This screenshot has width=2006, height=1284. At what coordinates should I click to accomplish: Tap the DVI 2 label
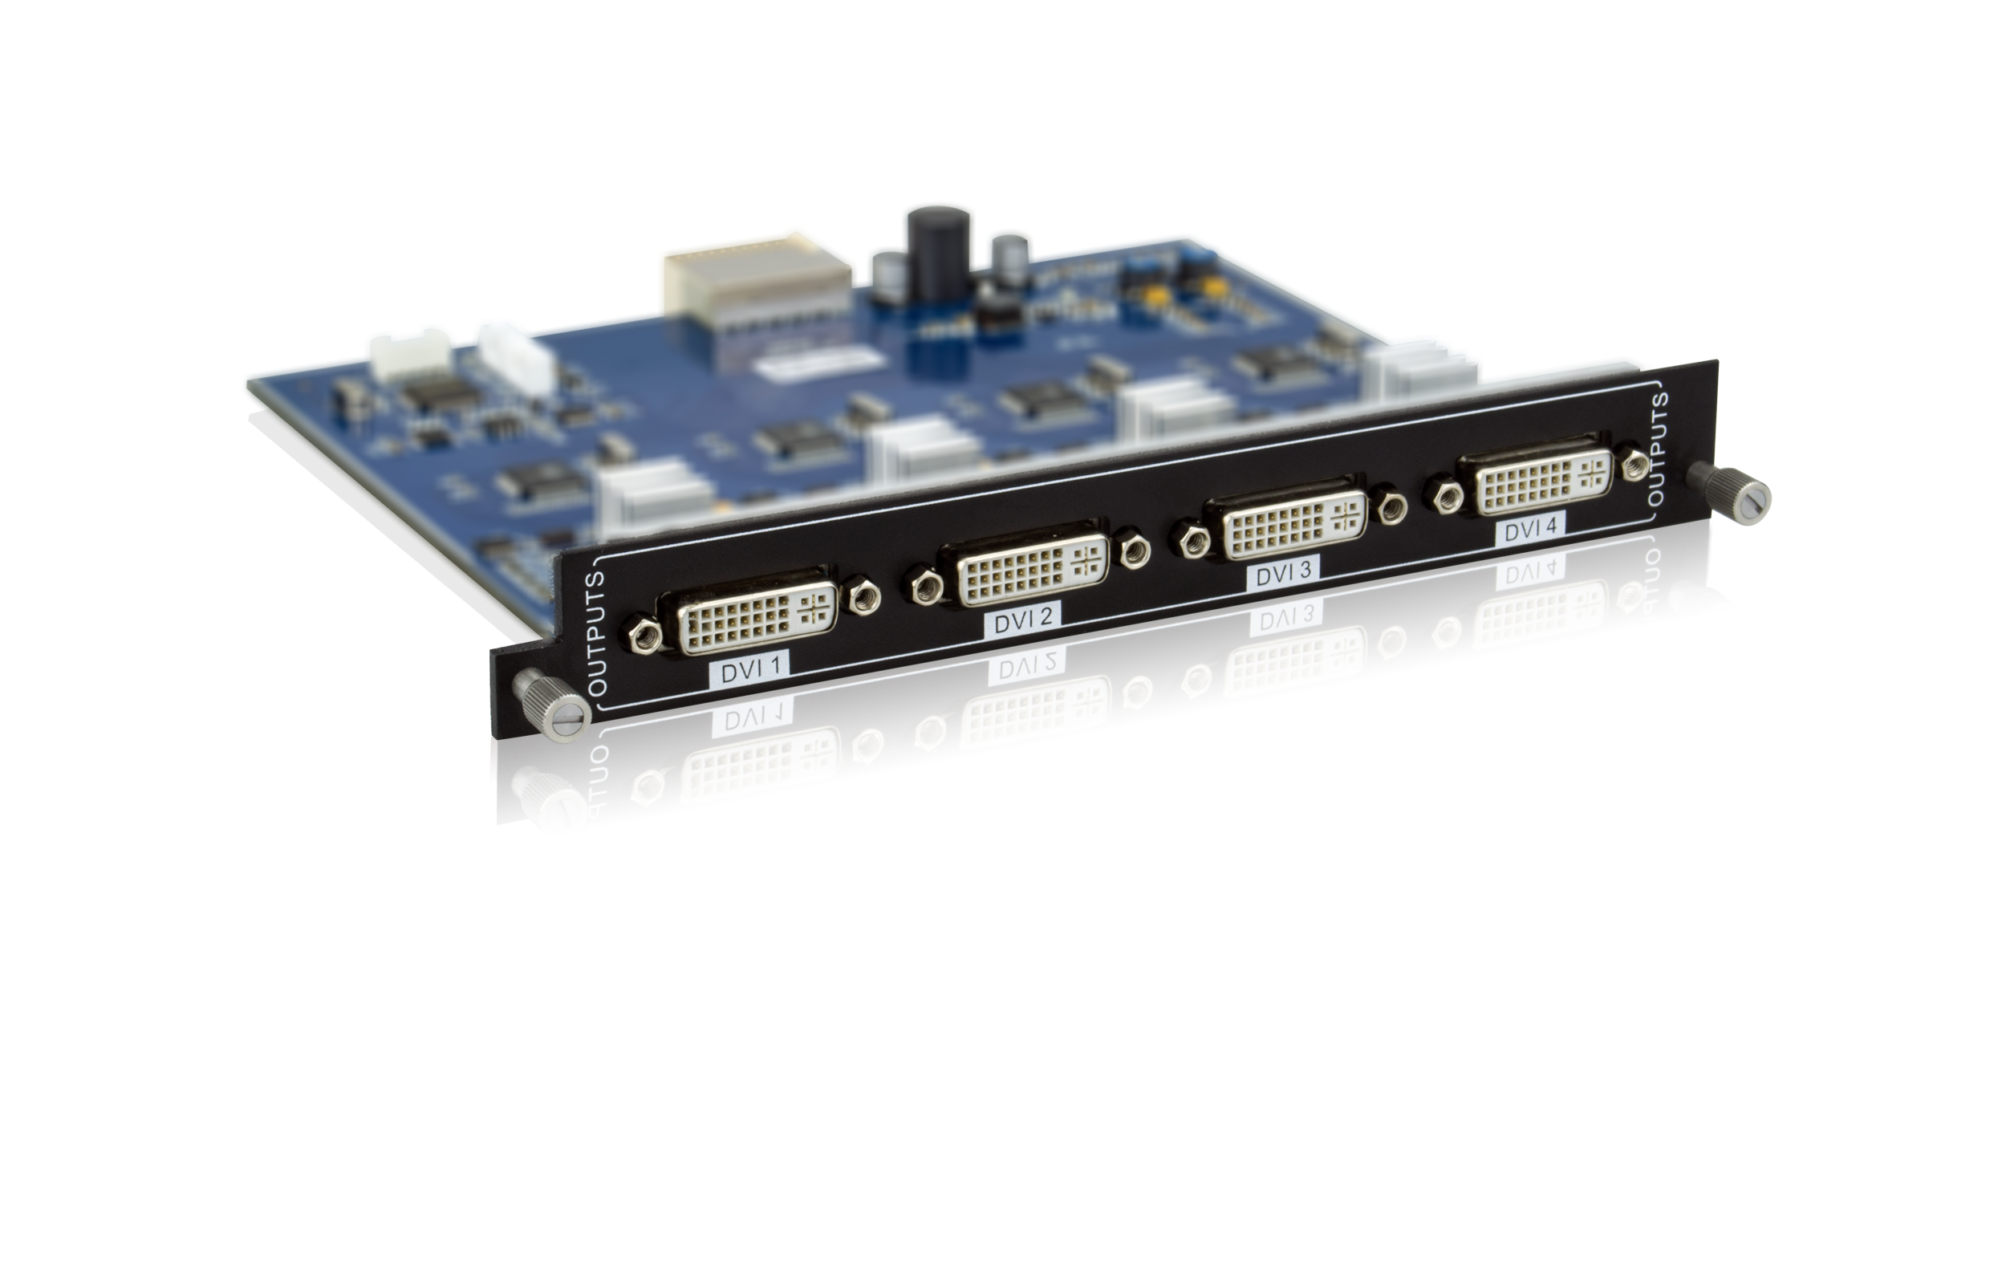click(x=1023, y=619)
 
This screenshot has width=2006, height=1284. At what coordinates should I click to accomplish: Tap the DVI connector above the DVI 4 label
click(x=1533, y=479)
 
